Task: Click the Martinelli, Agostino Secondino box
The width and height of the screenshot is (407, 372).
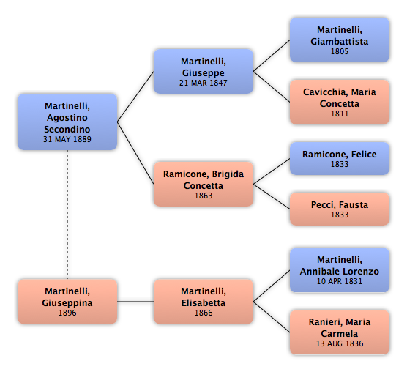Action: point(67,122)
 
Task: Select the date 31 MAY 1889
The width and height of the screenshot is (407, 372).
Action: point(67,139)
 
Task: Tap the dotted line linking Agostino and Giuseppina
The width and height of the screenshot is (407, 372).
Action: point(67,215)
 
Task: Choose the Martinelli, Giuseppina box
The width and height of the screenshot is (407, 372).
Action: point(67,302)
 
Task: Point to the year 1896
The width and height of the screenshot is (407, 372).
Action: point(67,313)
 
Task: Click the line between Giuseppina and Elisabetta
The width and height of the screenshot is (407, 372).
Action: point(135,302)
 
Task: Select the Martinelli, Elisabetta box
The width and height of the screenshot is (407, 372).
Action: point(203,302)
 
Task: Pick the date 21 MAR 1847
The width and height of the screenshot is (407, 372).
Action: point(203,83)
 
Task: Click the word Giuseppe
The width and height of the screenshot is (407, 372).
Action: point(203,73)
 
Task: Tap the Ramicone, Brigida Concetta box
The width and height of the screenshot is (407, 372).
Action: point(203,184)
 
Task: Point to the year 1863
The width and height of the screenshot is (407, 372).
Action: point(203,196)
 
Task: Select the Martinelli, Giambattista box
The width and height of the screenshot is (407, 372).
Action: point(340,40)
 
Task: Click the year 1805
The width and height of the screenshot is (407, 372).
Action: point(340,51)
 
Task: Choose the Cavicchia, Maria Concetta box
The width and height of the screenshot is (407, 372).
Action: point(340,102)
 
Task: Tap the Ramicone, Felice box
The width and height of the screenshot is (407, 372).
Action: point(340,158)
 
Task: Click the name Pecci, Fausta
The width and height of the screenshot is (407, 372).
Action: point(340,205)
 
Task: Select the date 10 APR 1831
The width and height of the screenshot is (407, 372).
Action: point(340,281)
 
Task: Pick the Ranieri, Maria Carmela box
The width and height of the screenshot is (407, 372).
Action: point(340,332)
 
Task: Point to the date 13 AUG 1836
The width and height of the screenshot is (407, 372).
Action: point(340,343)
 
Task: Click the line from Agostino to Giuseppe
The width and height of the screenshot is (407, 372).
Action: point(135,97)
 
